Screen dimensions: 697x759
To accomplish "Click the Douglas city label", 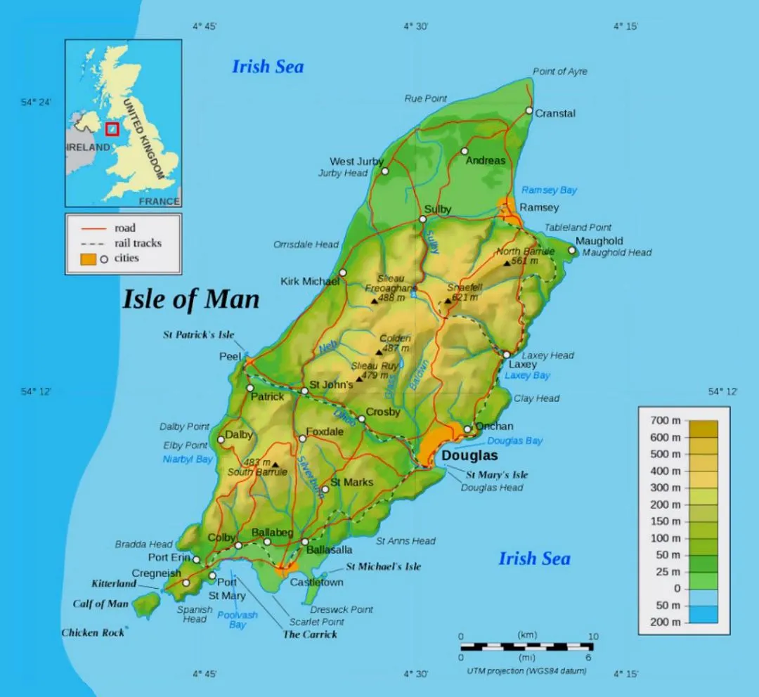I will pos(469,456).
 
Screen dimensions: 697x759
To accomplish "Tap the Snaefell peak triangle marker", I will pos(448,301).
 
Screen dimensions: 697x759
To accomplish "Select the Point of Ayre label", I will pos(559,72).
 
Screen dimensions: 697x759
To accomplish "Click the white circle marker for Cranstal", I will pos(529,110).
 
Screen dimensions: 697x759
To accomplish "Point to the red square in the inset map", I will pos(111,129).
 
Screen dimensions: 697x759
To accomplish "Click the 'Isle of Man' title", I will pos(191,299).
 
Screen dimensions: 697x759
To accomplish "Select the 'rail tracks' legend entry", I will pos(138,243).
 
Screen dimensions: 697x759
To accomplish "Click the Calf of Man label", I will pos(100,604).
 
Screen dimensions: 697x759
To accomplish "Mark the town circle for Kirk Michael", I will pos(343,273).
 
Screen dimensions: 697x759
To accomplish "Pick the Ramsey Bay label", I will pos(549,190).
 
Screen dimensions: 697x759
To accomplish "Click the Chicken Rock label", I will pos(93,632).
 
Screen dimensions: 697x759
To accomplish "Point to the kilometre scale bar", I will pos(527,646).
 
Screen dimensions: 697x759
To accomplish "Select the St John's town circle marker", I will pos(304,391).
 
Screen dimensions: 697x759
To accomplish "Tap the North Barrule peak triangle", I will pos(507,263).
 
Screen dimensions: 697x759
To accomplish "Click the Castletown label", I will pos(317,582).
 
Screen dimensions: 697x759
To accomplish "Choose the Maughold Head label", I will pos(617,252).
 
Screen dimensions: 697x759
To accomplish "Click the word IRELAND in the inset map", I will pos(88,148).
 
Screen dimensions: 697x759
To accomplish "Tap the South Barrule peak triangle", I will pos(275,464).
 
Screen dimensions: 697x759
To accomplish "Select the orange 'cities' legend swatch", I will pos(88,259).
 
